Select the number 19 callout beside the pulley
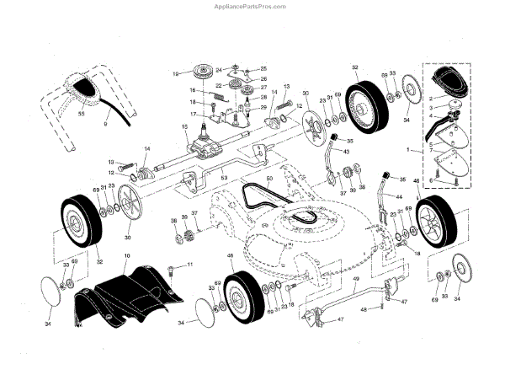[176, 73]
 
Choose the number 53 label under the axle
[224, 178]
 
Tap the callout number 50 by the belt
[269, 180]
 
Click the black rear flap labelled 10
[126, 291]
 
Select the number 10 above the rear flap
[126, 255]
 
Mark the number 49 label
[356, 279]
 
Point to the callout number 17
[193, 114]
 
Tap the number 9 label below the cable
[105, 124]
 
